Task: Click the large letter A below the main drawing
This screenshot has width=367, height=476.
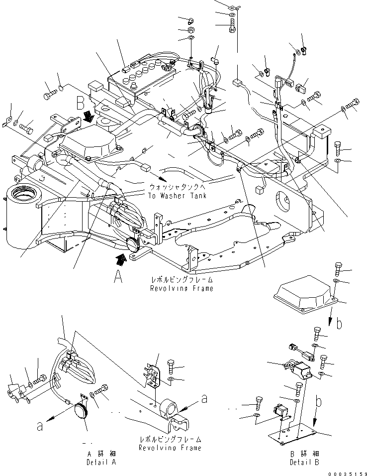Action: pos(117,275)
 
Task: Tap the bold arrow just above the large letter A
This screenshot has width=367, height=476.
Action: pos(119,259)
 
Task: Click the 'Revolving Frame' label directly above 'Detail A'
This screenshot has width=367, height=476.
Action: pos(171,448)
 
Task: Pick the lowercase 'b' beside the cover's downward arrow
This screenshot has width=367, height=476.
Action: pos(339,325)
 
